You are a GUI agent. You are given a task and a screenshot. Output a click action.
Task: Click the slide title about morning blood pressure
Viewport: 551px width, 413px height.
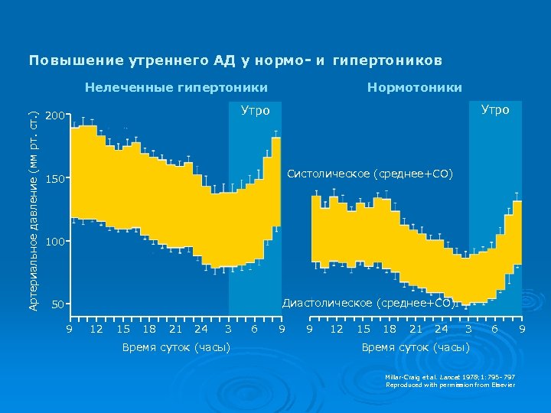(235, 60)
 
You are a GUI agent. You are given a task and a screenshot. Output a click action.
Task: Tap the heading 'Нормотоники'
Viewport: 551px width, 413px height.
(414, 87)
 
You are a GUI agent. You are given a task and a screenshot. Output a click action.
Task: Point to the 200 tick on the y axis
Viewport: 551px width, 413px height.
(54, 116)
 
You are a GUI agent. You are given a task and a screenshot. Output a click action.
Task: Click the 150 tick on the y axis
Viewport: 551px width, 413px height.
(54, 180)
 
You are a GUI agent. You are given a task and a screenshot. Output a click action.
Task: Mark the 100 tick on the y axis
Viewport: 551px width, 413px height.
(54, 242)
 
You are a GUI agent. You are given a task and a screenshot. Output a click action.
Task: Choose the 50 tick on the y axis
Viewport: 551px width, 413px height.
(57, 305)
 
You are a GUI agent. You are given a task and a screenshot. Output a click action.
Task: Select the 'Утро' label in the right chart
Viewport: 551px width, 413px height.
(495, 110)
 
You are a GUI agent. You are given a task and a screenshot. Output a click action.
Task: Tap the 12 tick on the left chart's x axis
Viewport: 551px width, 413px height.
(96, 329)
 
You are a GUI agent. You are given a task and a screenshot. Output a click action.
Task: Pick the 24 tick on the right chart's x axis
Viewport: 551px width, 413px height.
(441, 329)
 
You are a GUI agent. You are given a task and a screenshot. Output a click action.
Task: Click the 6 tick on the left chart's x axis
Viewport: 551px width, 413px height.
(254, 329)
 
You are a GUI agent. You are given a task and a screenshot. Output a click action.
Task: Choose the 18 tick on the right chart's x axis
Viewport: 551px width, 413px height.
(389, 329)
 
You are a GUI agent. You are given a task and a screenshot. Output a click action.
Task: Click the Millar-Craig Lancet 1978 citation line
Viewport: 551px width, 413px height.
(450, 377)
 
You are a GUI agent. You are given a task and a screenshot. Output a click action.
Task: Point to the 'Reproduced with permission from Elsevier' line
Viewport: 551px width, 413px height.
(450, 385)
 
